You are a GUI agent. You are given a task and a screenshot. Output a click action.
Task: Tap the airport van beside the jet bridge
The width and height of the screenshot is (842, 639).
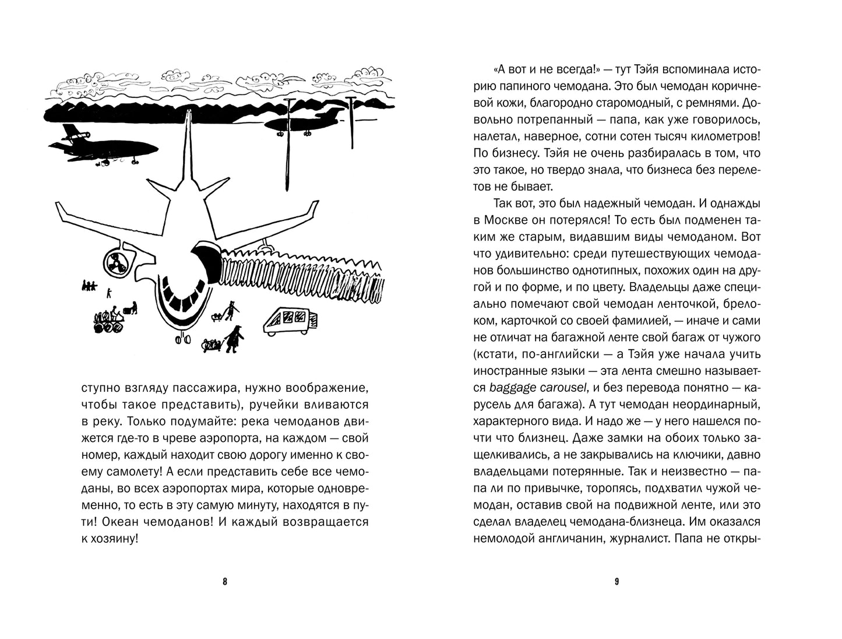pyautogui.click(x=290, y=321)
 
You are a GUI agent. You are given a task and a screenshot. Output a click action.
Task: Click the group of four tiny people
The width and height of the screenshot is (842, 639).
pyautogui.click(x=89, y=286)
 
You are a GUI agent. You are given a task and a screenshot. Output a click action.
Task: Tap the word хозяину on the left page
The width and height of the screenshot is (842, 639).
pyautogui.click(x=115, y=539)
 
